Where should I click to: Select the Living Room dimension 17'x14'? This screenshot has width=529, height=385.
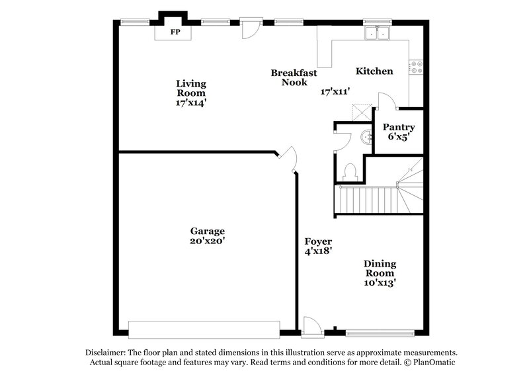pyautogui.click(x=190, y=103)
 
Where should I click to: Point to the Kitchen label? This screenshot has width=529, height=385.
pyautogui.click(x=374, y=71)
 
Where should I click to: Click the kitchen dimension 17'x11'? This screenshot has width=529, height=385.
pyautogui.click(x=335, y=91)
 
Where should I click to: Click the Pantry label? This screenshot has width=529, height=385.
pyautogui.click(x=399, y=128)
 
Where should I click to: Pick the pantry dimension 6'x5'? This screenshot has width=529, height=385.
pyautogui.click(x=399, y=138)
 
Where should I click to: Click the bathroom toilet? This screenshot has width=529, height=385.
pyautogui.click(x=350, y=171)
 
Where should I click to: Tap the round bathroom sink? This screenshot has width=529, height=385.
pyautogui.click(x=366, y=137)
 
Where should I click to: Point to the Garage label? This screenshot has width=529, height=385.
pyautogui.click(x=208, y=231)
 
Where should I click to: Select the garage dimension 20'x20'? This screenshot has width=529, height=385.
pyautogui.click(x=208, y=241)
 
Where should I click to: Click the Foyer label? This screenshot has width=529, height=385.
pyautogui.click(x=318, y=241)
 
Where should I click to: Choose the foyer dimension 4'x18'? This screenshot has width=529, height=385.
pyautogui.click(x=318, y=251)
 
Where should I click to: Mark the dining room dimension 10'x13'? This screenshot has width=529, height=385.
pyautogui.click(x=379, y=283)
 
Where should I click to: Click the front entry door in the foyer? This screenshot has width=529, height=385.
pyautogui.click(x=311, y=325)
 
